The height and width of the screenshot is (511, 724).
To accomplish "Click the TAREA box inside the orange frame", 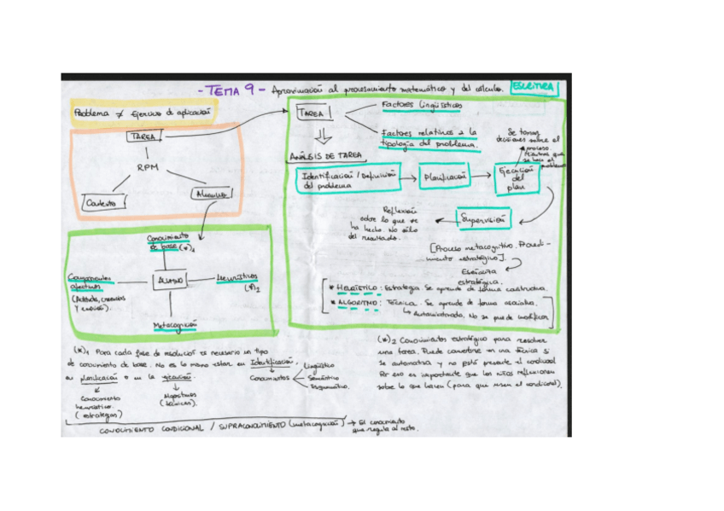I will (x=143, y=136).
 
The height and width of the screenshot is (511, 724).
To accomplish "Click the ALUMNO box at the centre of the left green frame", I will (x=169, y=280).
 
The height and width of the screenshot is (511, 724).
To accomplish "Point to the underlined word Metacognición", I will (x=174, y=325).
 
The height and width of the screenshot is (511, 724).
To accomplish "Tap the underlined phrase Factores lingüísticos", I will (x=421, y=104).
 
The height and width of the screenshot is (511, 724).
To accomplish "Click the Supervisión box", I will (x=483, y=218).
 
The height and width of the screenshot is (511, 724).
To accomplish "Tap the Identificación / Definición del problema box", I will (x=347, y=178).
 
